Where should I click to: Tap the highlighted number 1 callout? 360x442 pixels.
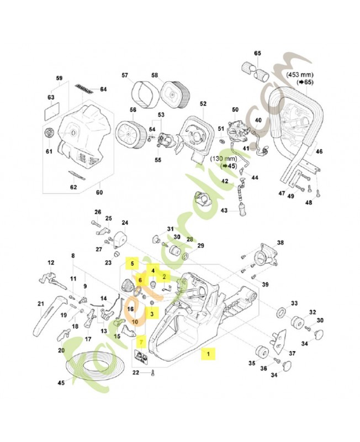(x=208, y=352)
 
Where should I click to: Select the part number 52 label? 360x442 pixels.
(x=203, y=103)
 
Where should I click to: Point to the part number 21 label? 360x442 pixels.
(x=40, y=303)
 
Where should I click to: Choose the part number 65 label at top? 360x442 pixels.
(x=257, y=53)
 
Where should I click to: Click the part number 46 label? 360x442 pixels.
(x=319, y=151)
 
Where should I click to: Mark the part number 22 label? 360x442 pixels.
(x=135, y=374)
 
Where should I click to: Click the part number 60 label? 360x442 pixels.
(x=100, y=192)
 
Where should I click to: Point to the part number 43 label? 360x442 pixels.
(x=224, y=211)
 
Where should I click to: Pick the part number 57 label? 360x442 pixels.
(x=125, y=75)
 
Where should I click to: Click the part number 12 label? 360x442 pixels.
(x=51, y=262)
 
